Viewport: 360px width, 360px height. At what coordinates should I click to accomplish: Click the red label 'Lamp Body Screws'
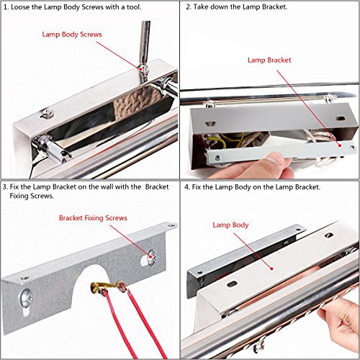click(x=72, y=35)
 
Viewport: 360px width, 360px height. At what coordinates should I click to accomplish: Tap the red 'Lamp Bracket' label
click(x=269, y=60)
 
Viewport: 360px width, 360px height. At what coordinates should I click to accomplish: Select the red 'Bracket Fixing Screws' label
click(x=93, y=218)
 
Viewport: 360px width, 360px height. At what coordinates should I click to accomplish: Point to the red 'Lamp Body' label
click(x=230, y=225)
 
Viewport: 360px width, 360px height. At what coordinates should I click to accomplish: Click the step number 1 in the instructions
click(x=6, y=7)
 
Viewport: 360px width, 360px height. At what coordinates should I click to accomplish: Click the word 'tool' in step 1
click(x=133, y=7)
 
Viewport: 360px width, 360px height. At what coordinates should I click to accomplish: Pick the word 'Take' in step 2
click(x=201, y=7)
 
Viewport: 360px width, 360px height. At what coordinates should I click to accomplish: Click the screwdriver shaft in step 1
click(x=145, y=43)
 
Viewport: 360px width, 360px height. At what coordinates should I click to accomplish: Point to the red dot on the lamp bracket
click(x=340, y=145)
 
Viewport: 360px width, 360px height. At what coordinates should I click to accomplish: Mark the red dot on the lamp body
click(x=271, y=269)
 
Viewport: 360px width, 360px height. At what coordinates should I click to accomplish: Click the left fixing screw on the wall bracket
click(x=26, y=298)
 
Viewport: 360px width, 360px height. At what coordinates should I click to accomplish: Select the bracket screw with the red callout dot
click(x=151, y=257)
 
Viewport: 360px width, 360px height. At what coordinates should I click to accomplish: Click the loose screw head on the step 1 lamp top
click(x=47, y=113)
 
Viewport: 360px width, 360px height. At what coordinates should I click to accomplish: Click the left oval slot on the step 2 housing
click(x=211, y=124)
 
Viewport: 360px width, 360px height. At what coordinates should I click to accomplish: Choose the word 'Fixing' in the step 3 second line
click(x=19, y=196)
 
